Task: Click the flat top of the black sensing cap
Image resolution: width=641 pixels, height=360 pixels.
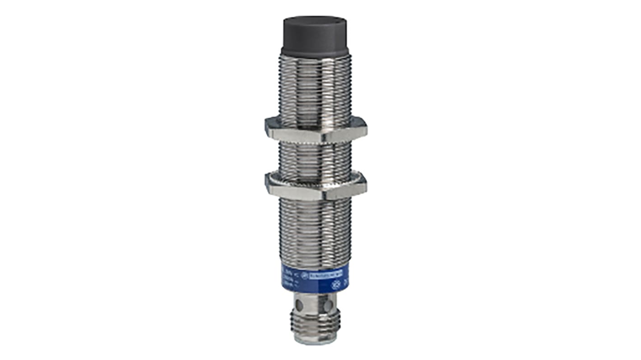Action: pos(315,22)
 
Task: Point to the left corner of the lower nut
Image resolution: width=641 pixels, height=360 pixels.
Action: pos(266,183)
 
